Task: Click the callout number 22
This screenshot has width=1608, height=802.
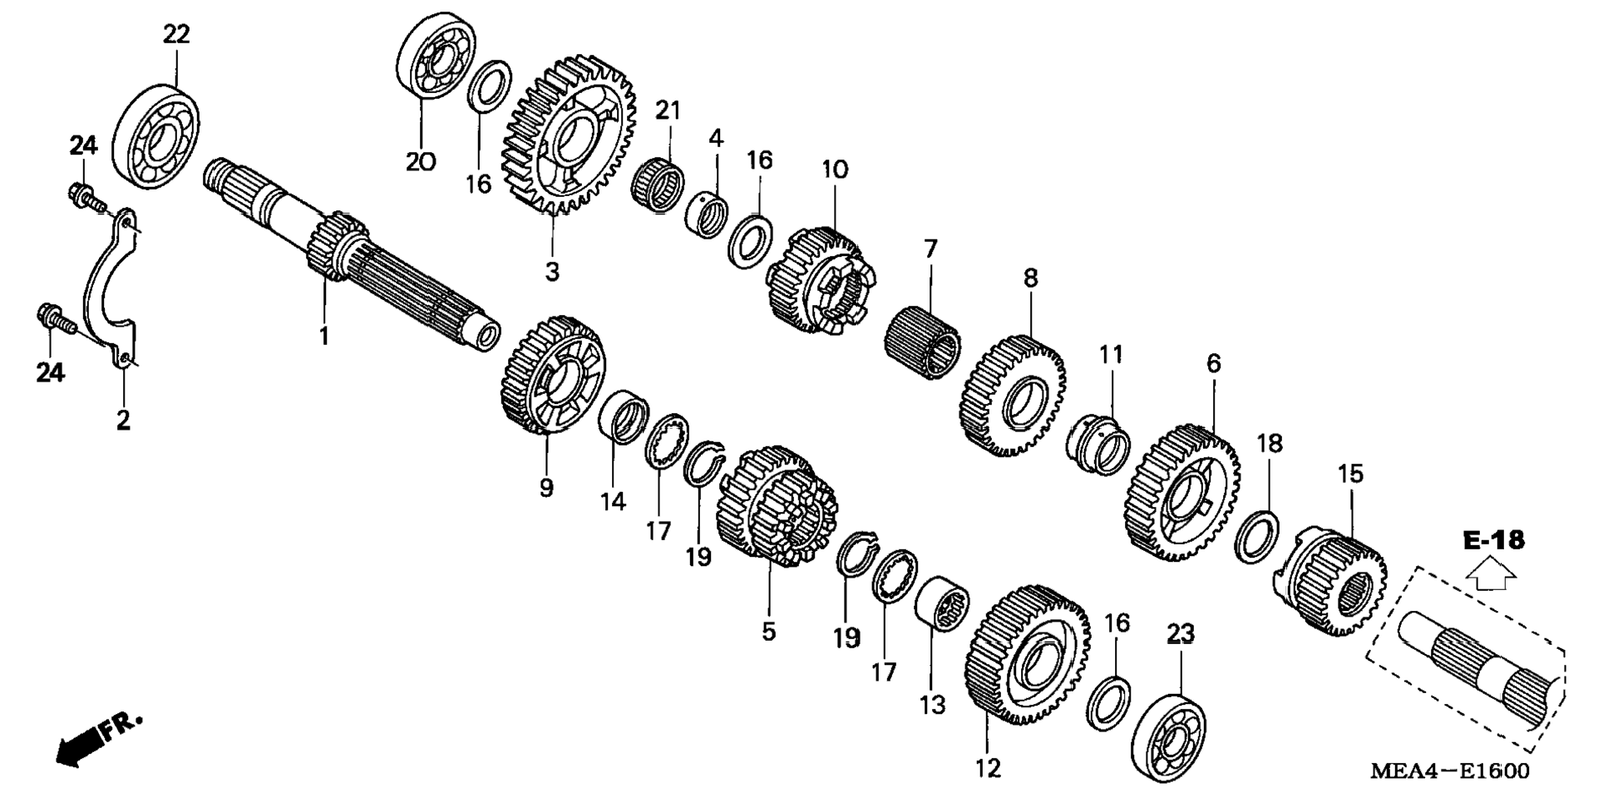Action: (176, 34)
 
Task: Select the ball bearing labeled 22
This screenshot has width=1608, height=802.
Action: (157, 135)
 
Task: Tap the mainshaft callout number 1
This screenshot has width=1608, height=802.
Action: (324, 337)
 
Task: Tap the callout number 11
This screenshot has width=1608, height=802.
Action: (1111, 355)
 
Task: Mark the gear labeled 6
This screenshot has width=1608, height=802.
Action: (1184, 491)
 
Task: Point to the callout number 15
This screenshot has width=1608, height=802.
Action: (1350, 475)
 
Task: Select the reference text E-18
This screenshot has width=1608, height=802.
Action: (1494, 541)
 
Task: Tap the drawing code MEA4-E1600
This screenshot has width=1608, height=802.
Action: (1449, 771)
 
